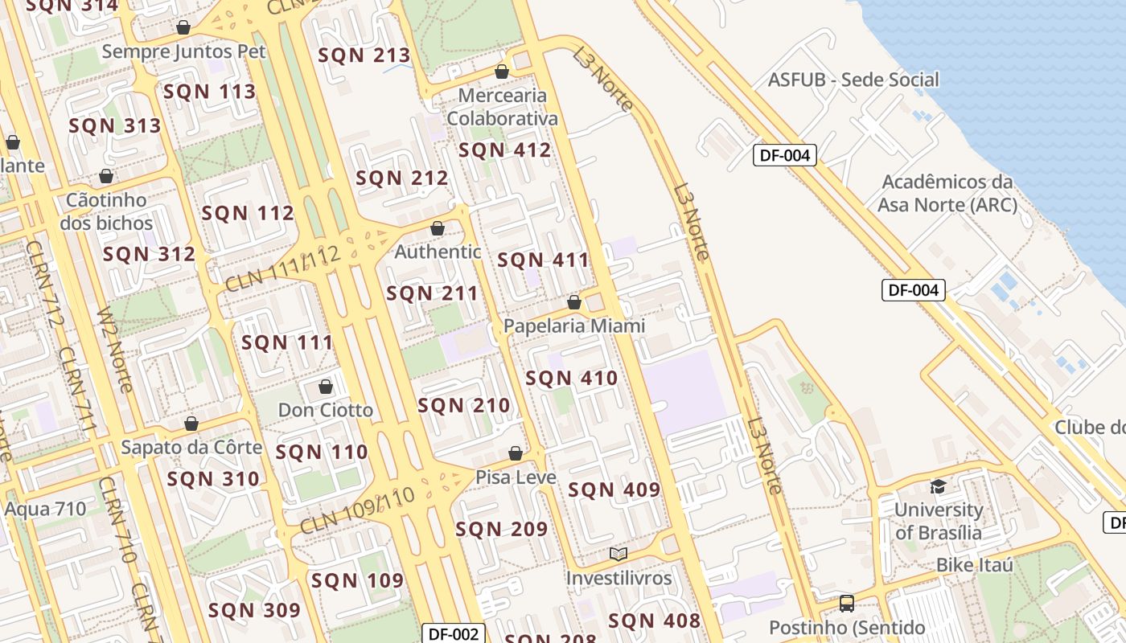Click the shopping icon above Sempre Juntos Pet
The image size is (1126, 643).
coord(183,28)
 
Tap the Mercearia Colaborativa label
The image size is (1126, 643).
coord(502,107)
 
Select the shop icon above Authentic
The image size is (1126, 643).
coord(438,229)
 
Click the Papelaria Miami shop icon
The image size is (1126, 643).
coord(574,303)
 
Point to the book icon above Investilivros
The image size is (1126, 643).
coord(618,554)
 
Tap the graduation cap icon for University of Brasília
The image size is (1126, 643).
coord(938,486)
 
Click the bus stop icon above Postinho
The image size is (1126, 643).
coord(846,603)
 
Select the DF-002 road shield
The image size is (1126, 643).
coord(454,633)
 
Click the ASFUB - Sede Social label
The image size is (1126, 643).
coord(853,80)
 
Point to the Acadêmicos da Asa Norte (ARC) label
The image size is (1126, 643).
coord(947,193)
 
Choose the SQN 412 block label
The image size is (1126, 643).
coord(504,150)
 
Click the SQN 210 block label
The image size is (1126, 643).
coord(464,406)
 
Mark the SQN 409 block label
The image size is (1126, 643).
coord(614,489)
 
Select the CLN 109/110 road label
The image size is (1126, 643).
coord(357,510)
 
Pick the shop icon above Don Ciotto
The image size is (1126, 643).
coord(326,387)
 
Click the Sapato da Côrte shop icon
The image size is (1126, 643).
coord(191,424)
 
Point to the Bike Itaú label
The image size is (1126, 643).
coord(974,565)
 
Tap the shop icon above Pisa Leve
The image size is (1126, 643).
coord(516,454)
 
